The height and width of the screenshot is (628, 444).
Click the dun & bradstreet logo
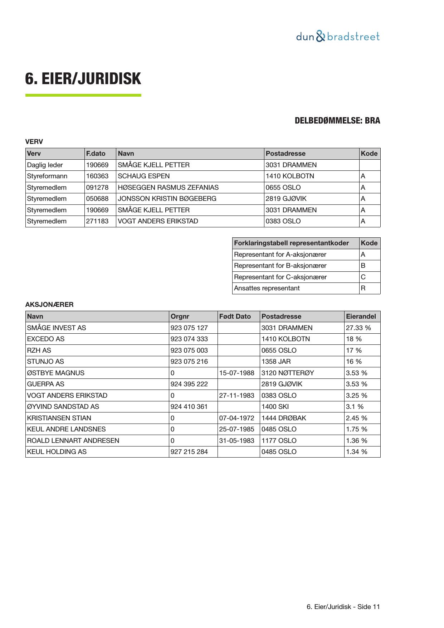pos(337,37)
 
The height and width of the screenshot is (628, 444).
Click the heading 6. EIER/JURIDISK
pos(83,79)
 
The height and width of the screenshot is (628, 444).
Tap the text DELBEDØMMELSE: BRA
pos(337,121)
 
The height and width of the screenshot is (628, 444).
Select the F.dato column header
pos(96,154)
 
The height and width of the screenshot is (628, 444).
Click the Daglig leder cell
pos(45,165)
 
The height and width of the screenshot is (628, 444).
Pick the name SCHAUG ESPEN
pos(144,176)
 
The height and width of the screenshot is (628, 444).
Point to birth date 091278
pos(97,188)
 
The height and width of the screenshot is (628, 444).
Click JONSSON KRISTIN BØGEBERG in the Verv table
pos(167,199)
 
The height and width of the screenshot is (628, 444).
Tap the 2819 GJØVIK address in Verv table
pos(286,199)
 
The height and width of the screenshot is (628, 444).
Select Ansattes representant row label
pos(267,288)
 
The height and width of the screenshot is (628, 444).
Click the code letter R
pos(363,288)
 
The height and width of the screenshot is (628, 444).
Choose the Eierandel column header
pos(361,317)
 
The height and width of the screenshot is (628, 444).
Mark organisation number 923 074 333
pos(189,339)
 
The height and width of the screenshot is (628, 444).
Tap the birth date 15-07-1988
pos(237,373)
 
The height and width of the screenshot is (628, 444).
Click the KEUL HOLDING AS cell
pos(57,452)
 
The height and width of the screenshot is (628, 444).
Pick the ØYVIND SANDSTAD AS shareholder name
pos(63,407)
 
